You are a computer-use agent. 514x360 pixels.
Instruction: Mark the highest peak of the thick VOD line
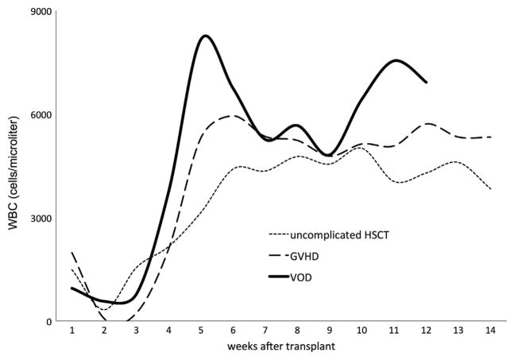pos(205,36)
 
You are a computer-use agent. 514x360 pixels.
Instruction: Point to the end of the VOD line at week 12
pos(427,82)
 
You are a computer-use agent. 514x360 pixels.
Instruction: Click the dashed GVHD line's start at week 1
pos(72,253)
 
